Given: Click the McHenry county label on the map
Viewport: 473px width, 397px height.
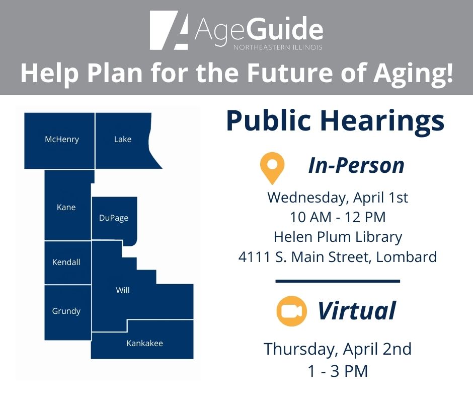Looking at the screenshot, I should tap(62, 140).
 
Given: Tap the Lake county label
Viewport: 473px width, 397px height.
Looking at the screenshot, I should tap(123, 140).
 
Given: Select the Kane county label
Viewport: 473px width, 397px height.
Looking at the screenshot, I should tap(66, 207).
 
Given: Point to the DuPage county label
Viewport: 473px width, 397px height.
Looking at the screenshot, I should tap(114, 218).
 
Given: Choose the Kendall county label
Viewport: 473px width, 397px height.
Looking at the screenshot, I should tap(66, 262).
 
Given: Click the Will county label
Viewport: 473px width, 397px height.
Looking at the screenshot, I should tap(123, 290).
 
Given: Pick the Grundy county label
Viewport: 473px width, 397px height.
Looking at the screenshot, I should tap(66, 311).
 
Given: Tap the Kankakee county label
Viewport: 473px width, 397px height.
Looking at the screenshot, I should tap(144, 344).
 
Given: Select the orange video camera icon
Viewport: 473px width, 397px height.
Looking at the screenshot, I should tap(291, 311).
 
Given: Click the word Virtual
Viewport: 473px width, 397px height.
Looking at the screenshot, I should tap(356, 311).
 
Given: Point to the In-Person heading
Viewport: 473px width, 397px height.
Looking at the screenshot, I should tap(356, 165).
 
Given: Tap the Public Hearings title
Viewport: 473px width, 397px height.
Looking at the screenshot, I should tap(335, 121).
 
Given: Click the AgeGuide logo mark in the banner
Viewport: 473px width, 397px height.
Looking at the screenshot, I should tap(169, 31).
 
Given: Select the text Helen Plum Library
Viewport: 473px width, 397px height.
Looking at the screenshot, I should tap(338, 237).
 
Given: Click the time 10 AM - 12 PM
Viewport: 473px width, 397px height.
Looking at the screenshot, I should tap(338, 217).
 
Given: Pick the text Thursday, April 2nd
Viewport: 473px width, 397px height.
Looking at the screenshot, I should tap(338, 349).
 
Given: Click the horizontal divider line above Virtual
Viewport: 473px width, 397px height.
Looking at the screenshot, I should tap(338, 281).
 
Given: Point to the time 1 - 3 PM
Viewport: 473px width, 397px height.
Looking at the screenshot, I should tap(338, 371).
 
